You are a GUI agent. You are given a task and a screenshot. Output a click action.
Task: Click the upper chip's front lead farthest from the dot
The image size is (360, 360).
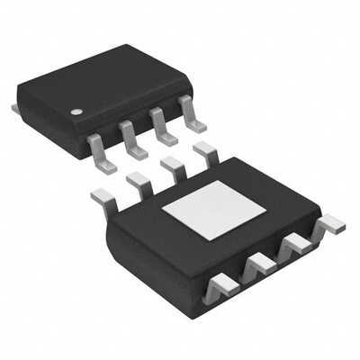coord(191,110)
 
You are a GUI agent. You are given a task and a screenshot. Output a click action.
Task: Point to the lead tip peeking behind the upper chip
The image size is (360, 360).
coord(15,107)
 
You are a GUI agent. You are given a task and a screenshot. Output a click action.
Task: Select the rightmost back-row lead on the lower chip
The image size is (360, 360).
coord(204,152)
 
